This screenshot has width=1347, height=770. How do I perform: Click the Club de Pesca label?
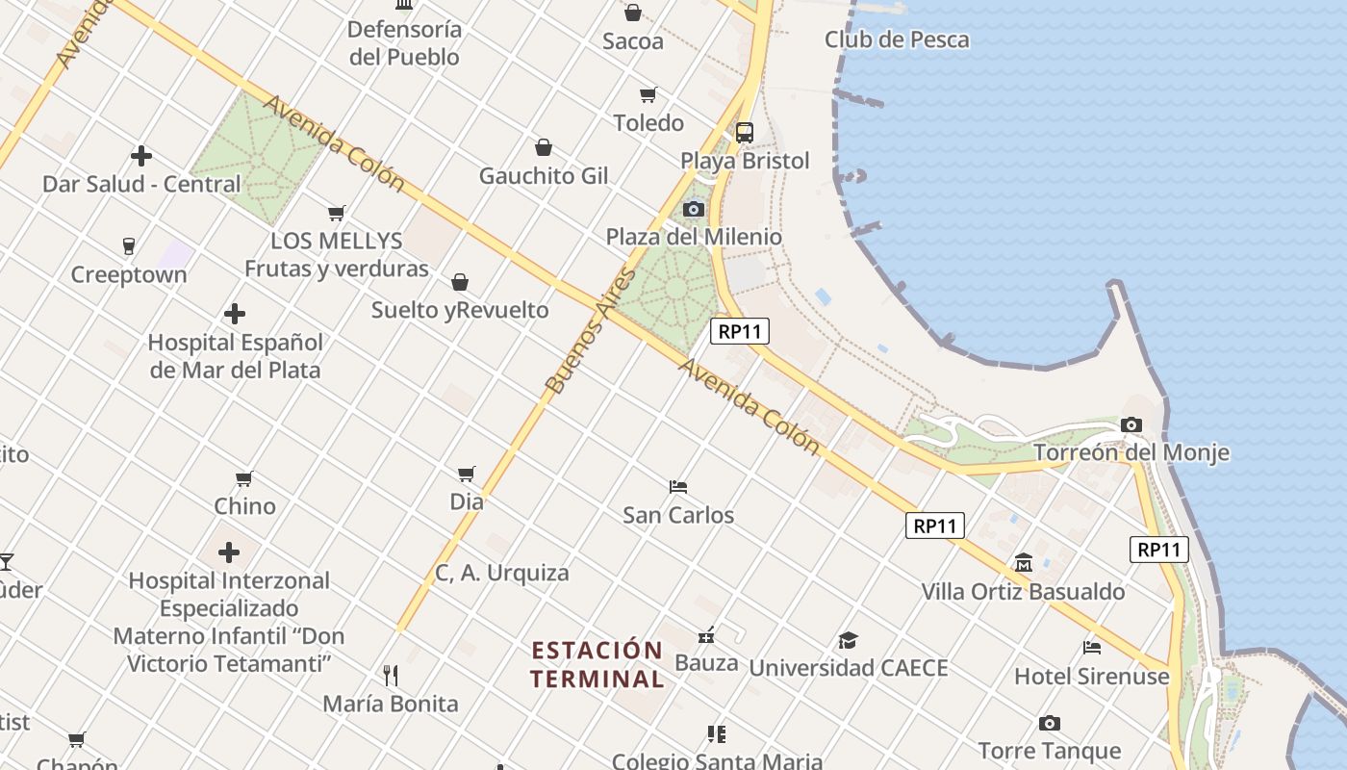[897, 39]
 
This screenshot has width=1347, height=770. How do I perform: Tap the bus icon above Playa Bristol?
[745, 133]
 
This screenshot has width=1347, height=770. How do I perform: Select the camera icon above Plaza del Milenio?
[694, 209]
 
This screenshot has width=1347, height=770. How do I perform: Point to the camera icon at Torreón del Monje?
[1131, 424]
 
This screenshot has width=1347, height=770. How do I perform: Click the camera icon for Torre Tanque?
[1050, 723]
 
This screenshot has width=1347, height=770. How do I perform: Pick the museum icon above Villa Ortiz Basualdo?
[1023, 562]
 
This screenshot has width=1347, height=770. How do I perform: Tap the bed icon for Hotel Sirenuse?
[1092, 647]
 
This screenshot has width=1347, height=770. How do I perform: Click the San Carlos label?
[678, 515]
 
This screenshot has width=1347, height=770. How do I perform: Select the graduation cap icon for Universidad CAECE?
[848, 640]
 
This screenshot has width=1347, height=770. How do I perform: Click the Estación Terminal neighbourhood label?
[597, 664]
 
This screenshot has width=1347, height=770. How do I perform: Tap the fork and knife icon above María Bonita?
[391, 675]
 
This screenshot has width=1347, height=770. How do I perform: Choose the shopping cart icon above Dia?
[467, 474]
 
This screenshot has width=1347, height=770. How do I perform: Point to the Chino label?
[244, 506]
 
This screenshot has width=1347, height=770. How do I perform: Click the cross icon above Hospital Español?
[235, 314]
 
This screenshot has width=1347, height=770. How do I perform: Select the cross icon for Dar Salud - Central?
[141, 155]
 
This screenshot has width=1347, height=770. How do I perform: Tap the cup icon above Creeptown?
[129, 246]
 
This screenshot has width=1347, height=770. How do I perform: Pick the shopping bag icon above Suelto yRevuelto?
[460, 282]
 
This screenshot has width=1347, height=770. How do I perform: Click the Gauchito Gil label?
[544, 176]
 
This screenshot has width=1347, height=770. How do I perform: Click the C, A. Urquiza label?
[502, 573]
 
